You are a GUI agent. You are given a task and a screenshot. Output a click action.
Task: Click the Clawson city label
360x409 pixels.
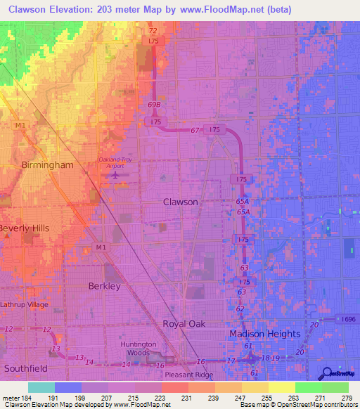pyautogui.click(x=181, y=202)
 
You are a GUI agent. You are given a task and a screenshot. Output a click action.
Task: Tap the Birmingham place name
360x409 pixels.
pyautogui.click(x=47, y=165)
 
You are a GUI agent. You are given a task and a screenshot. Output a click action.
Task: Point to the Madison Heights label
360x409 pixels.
pyautogui.click(x=264, y=334)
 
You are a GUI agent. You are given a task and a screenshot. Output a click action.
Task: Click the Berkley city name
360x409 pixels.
pyautogui.click(x=105, y=287)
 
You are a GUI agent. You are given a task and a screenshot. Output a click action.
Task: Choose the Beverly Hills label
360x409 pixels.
pyautogui.click(x=25, y=229)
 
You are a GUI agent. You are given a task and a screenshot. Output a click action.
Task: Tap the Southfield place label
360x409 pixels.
pyautogui.click(x=26, y=368)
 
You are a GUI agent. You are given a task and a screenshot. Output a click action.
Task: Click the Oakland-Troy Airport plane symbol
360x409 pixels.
pyautogui.click(x=116, y=174)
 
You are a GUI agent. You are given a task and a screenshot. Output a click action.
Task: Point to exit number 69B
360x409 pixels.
pyautogui.click(x=155, y=105)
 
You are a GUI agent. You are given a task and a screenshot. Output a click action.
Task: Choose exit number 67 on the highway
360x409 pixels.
pyautogui.click(x=195, y=131)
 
